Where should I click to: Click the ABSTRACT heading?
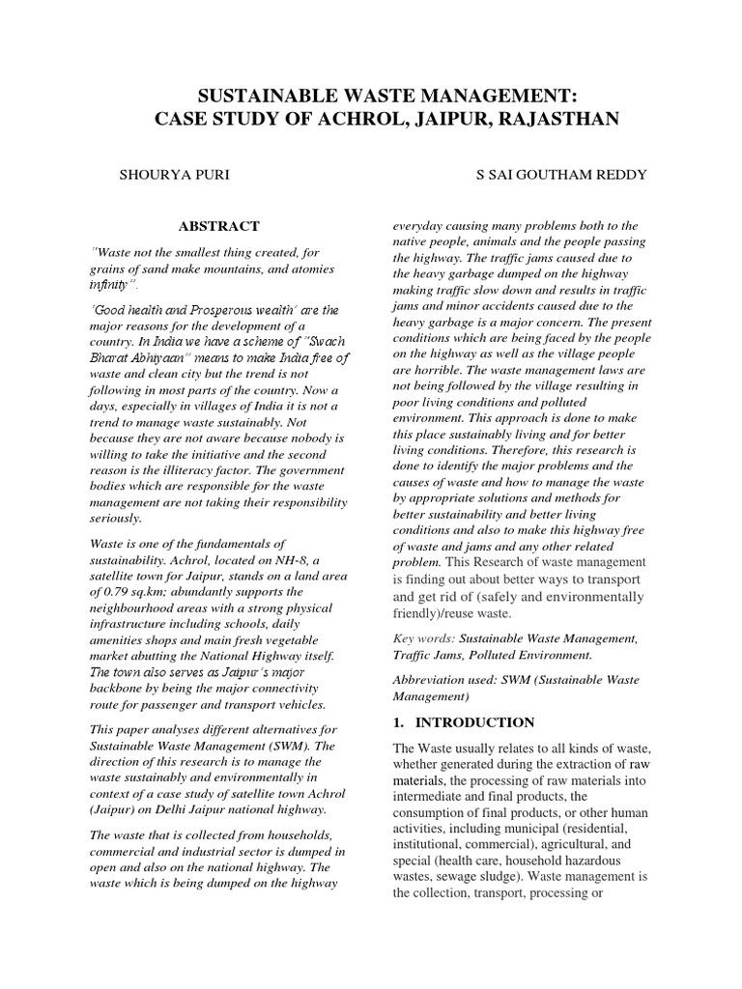coord(219,226)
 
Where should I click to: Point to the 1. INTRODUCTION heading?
coord(463,721)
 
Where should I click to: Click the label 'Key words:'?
coord(423,639)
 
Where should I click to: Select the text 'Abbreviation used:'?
coord(444,680)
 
